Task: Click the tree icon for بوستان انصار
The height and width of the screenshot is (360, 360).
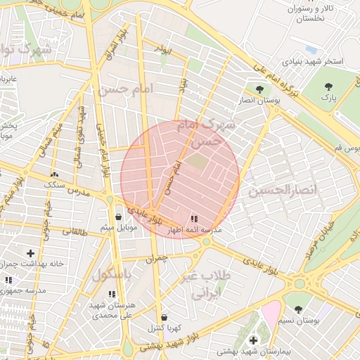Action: pos(260,90)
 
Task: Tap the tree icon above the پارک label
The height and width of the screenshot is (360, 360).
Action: pos(328,86)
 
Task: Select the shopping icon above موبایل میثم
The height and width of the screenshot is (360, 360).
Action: pos(117,217)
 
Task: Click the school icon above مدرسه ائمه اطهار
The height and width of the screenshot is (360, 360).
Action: pos(194,219)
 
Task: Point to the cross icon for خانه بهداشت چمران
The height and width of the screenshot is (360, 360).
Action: pos(30,252)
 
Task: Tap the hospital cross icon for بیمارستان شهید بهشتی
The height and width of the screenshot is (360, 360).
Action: pos(253,340)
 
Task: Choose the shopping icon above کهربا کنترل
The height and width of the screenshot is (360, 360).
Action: pos(164,318)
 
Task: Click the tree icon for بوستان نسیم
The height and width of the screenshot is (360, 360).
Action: pos(298,309)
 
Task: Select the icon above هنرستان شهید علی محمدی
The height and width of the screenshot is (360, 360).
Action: pos(111,294)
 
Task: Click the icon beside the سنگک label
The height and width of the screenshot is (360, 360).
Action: pos(54,174)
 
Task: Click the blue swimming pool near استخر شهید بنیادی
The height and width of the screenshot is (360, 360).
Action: pos(311,50)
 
